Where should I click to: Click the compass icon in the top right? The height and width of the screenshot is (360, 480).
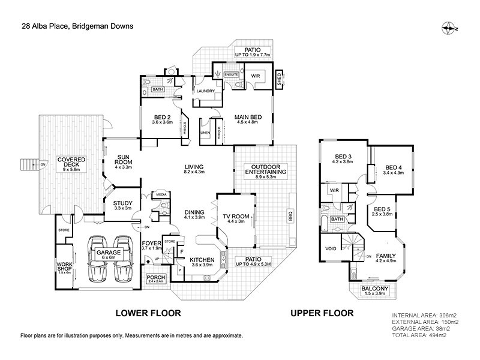click(x=449, y=28)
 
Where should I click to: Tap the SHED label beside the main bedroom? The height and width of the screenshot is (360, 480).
click(x=279, y=78)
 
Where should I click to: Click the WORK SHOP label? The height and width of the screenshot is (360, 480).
click(x=64, y=267)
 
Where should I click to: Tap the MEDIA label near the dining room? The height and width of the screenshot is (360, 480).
click(x=161, y=195)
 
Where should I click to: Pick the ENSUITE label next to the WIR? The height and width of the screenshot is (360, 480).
click(x=232, y=75)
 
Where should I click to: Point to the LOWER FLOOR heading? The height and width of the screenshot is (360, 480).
click(x=148, y=313)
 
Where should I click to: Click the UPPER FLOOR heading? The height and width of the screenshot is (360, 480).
click(x=322, y=313)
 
